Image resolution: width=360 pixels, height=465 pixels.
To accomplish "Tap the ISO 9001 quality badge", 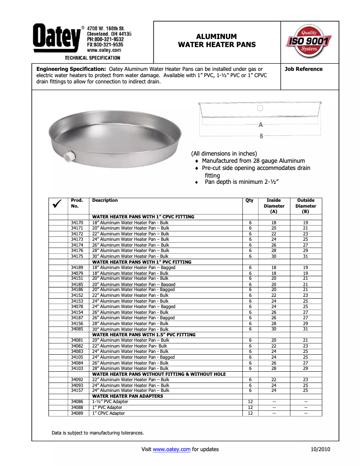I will pos(309,42).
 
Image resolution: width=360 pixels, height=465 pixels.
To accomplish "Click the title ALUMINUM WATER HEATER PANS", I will pos(217,40).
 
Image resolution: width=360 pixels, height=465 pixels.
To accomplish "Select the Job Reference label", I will pos(303,69).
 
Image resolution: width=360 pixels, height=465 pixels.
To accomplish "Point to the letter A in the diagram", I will pos(260,125).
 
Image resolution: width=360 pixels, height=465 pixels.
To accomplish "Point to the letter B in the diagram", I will pos(261,136).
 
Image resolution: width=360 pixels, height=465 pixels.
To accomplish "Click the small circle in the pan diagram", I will pos(260,108).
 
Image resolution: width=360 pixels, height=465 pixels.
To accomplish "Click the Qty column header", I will pos(249,200).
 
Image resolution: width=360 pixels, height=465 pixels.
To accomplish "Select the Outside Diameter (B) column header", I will pos(306,206).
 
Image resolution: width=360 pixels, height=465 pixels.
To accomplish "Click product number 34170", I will pos(77,222).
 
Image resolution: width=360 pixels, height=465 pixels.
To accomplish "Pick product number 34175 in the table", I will pos(77,256).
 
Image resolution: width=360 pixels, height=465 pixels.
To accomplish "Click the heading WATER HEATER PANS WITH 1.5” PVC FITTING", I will pos(144,335).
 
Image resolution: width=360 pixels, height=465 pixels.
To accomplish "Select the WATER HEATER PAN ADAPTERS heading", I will pos(127,396).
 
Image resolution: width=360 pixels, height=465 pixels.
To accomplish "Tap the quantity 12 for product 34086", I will pos(250,402).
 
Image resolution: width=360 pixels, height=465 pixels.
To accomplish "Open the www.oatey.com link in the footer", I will pos(172,449).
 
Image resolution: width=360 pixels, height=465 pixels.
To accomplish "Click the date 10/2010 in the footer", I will pos(320,449).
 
